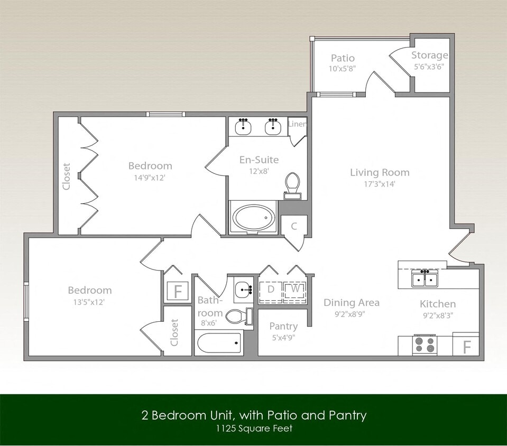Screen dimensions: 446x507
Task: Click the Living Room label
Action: click(380, 172)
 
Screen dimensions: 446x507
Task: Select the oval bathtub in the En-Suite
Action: click(255, 217)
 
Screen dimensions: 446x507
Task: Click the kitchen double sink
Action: click(425, 278)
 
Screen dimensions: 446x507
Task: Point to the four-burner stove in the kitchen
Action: click(425, 345)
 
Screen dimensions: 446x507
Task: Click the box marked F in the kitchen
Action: click(466, 347)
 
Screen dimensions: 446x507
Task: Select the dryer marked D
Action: click(271, 290)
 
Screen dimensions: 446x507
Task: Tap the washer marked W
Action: click(296, 290)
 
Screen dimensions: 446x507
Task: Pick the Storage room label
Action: click(430, 55)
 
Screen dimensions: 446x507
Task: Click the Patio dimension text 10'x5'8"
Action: click(342, 68)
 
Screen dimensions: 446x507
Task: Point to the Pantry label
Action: click(283, 326)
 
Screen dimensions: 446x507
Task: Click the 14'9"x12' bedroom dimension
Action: click(150, 178)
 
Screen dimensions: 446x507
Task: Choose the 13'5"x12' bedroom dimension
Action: click(89, 302)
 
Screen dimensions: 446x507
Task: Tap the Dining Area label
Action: click(352, 302)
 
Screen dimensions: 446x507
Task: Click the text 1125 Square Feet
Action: click(253, 429)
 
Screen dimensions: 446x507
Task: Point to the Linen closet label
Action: click(297, 124)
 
